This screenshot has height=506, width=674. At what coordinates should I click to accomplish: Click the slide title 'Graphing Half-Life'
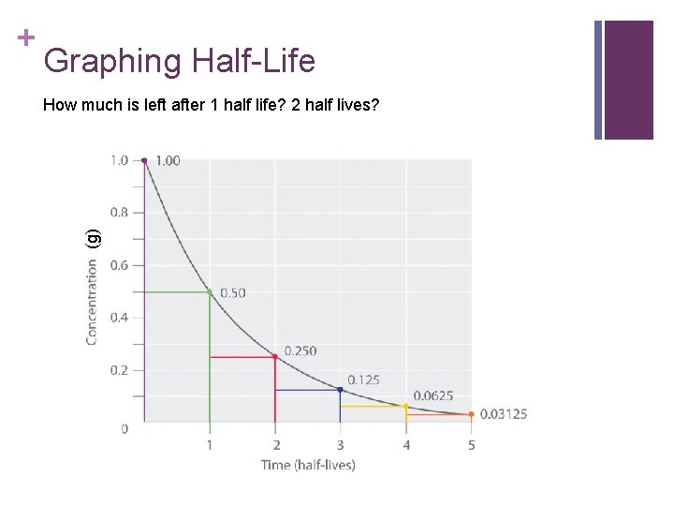pyautogui.click(x=179, y=62)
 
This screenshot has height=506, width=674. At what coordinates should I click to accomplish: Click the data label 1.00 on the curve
pyautogui.click(x=168, y=161)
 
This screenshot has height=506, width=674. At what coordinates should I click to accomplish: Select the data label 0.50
pyautogui.click(x=232, y=293)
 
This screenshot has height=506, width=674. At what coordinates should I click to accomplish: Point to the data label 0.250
pyautogui.click(x=300, y=350)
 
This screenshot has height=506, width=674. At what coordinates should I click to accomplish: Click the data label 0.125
pyautogui.click(x=363, y=379)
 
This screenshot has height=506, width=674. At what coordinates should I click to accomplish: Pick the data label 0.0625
pyautogui.click(x=433, y=395)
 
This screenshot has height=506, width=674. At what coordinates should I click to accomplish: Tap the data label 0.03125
pyautogui.click(x=504, y=414)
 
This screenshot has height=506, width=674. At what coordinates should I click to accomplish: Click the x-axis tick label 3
pyautogui.click(x=340, y=445)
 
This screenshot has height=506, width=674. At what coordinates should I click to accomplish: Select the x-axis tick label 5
pyautogui.click(x=471, y=445)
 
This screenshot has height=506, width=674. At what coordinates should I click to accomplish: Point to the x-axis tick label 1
pyautogui.click(x=210, y=445)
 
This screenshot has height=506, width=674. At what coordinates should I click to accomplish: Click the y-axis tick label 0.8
pyautogui.click(x=120, y=213)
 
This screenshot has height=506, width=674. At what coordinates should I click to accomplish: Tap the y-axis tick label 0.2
pyautogui.click(x=120, y=370)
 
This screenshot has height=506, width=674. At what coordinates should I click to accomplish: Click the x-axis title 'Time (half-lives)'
pyautogui.click(x=308, y=465)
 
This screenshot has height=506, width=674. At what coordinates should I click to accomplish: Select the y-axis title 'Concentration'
pyautogui.click(x=92, y=301)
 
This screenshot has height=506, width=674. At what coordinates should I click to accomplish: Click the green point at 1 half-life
pyautogui.click(x=210, y=292)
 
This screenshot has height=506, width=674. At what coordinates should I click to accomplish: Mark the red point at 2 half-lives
pyautogui.click(x=275, y=356)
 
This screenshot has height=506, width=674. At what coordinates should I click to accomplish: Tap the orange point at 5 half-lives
pyautogui.click(x=471, y=414)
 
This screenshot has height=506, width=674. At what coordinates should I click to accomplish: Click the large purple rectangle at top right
pyautogui.click(x=628, y=80)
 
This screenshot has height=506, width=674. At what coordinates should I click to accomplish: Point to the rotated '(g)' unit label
pyautogui.click(x=92, y=238)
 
